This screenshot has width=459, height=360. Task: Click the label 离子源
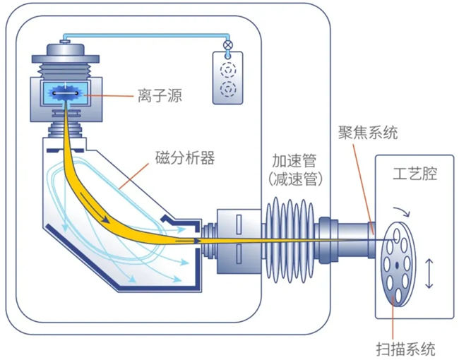point(160,95)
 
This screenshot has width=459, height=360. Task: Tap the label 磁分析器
point(185,158)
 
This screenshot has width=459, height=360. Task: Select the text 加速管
point(294,160)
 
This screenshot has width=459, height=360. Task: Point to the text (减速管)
point(295,179)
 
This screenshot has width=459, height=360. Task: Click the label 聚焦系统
point(368,133)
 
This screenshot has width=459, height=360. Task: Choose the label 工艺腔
point(415,174)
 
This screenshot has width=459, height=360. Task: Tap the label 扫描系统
point(406,349)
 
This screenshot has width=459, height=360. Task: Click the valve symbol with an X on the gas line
point(227,44)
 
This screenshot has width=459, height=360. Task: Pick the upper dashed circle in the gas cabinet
point(228,71)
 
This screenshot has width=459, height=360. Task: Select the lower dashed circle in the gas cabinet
point(228,89)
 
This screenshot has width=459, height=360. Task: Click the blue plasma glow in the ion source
point(66,93)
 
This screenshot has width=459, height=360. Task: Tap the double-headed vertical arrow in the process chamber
point(429,273)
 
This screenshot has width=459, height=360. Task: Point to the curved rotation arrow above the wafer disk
point(402,212)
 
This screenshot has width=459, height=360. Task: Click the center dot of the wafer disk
point(397,265)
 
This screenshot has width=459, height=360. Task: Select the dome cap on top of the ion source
point(65,49)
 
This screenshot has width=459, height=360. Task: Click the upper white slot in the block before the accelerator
point(239,224)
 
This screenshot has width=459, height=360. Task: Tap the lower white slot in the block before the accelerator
point(239,253)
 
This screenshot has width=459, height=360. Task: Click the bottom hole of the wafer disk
point(398,295)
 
